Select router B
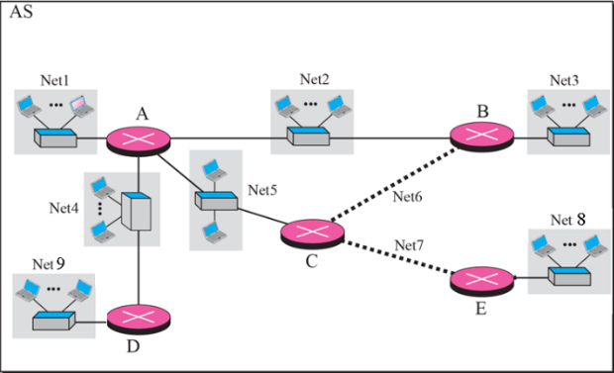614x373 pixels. pyautogui.click(x=481, y=138)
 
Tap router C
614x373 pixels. pyautogui.click(x=311, y=233)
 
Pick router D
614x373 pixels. pyautogui.click(x=138, y=320)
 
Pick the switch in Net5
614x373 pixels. pyautogui.click(x=215, y=202)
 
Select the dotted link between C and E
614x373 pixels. pyautogui.click(x=397, y=258)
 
